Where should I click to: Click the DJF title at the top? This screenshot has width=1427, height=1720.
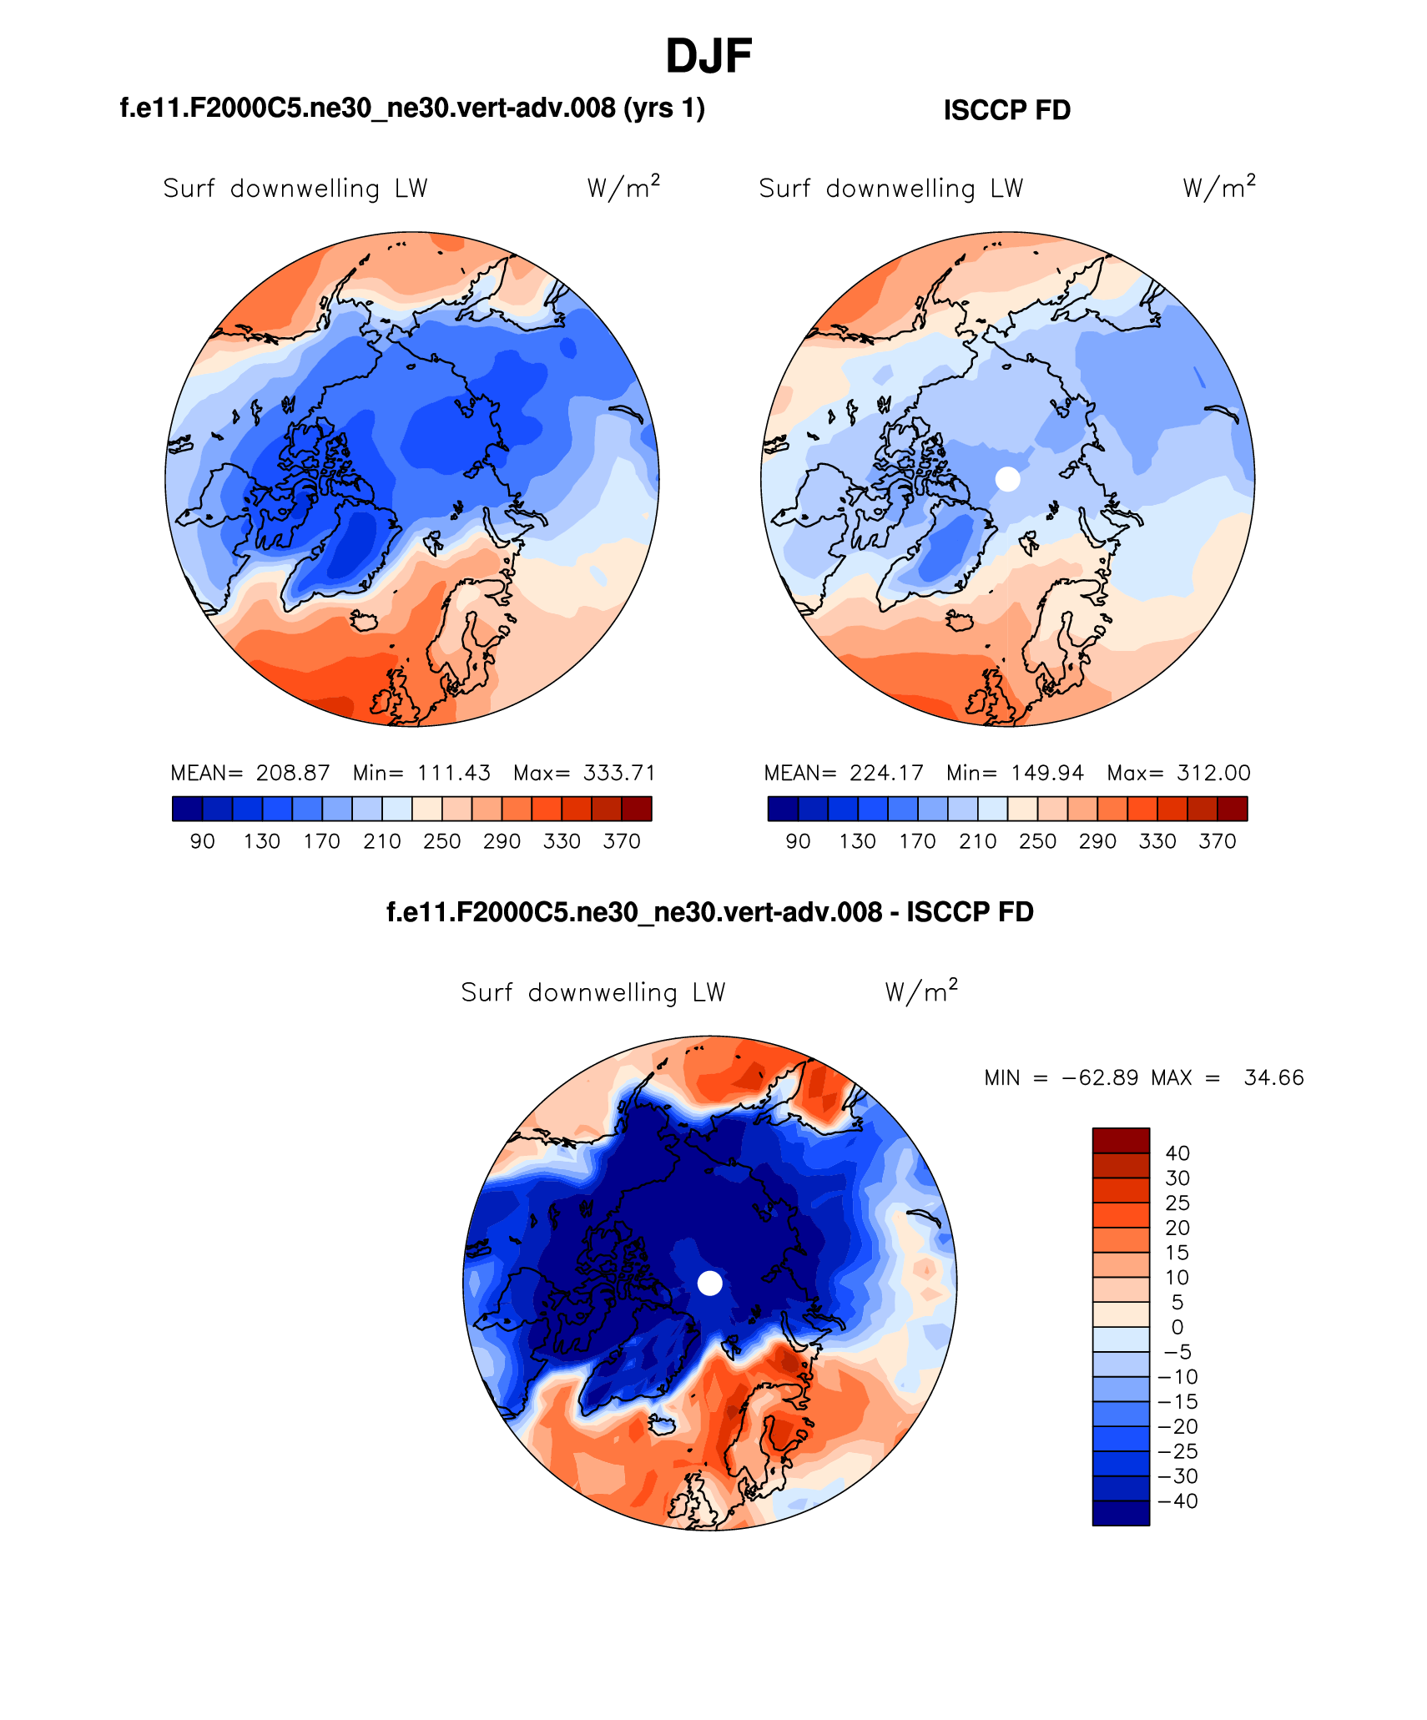pyautogui.click(x=708, y=57)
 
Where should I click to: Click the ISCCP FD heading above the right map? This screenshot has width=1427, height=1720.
pyautogui.click(x=1006, y=110)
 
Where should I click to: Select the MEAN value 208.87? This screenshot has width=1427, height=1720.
pyautogui.click(x=293, y=773)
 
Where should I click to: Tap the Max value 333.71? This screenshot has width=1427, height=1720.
pyautogui.click(x=619, y=773)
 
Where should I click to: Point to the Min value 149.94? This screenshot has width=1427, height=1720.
pyautogui.click(x=1047, y=773)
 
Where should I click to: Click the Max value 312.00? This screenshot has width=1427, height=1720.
pyautogui.click(x=1213, y=773)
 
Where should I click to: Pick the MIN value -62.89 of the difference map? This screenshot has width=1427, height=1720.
pyautogui.click(x=1100, y=1077)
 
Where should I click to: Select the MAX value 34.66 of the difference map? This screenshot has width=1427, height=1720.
pyautogui.click(x=1273, y=1077)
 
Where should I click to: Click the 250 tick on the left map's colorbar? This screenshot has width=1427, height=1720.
pyautogui.click(x=441, y=841)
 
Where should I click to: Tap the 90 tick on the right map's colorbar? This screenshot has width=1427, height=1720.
pyautogui.click(x=798, y=841)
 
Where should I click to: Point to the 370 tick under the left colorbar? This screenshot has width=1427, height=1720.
pyautogui.click(x=622, y=841)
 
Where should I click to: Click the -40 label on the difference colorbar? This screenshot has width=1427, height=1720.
pyautogui.click(x=1177, y=1501)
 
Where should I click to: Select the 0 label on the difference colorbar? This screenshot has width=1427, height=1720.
pyautogui.click(x=1177, y=1327)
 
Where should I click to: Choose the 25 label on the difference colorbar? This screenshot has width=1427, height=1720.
pyautogui.click(x=1177, y=1203)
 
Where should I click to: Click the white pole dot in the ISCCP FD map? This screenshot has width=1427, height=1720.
pyautogui.click(x=1008, y=479)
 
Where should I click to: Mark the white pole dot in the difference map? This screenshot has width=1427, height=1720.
pyautogui.click(x=709, y=1283)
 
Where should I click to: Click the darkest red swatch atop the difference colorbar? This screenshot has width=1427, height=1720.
pyautogui.click(x=1121, y=1140)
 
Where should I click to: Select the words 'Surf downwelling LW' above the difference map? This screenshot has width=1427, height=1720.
pyautogui.click(x=593, y=992)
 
